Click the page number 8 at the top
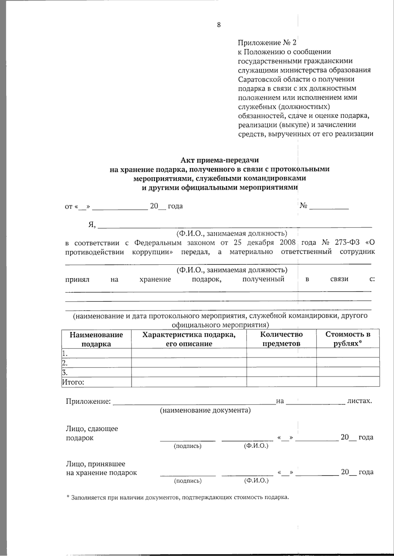pos(219,25)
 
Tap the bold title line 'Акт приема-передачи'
pos(219,160)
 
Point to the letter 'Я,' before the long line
pos(92,225)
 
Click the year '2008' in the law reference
pos(288,243)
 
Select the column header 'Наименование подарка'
pos(96,339)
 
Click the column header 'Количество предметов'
pos(281,339)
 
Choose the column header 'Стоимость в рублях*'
pos(348,339)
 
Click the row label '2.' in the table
pos(65,363)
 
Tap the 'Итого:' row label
pos(73,382)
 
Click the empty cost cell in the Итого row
pos(348,382)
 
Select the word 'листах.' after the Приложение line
pos(360,401)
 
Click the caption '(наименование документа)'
pos(205,410)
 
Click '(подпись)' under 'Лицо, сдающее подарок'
pos(187,446)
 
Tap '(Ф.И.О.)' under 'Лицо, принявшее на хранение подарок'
pos(256,481)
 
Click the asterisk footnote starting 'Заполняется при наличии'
pos(177,497)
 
